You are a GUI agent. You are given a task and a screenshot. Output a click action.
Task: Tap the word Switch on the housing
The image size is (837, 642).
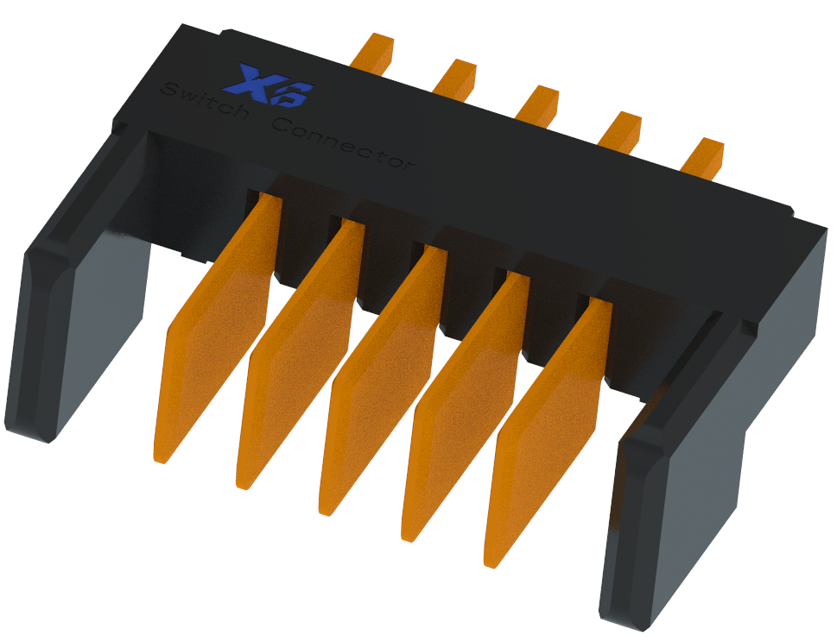click(205, 101)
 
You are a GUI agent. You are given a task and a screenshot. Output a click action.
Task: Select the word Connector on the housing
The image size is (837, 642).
click(344, 142)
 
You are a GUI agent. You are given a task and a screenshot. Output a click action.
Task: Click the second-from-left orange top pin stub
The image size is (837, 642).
click(455, 79)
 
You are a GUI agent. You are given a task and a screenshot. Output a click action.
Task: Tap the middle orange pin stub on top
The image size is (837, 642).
click(537, 104)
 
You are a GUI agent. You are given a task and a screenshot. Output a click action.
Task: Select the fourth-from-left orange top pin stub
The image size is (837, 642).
click(619, 130)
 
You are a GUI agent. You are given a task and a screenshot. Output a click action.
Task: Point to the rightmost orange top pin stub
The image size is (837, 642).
click(701, 157)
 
